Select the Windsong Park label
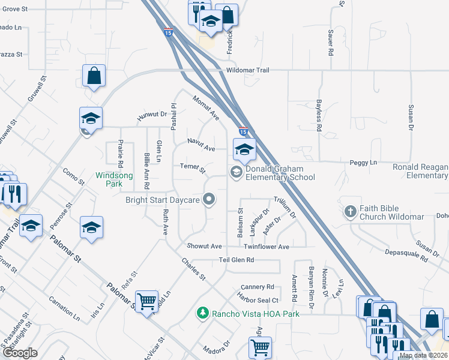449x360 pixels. pos(114,180)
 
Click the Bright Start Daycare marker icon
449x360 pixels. pos(209,199)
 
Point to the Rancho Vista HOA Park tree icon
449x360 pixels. pos(203,313)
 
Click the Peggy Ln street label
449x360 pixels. pos(364,163)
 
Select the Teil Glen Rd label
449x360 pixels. pos(237,260)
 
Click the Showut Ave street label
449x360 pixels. pos(204,246)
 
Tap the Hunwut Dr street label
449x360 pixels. pos(151,115)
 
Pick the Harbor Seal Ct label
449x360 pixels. pos(259,300)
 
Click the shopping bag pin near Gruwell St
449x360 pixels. pos(94,76)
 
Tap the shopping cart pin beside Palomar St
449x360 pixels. pos(147,301)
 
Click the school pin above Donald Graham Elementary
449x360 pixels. pos(244,149)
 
